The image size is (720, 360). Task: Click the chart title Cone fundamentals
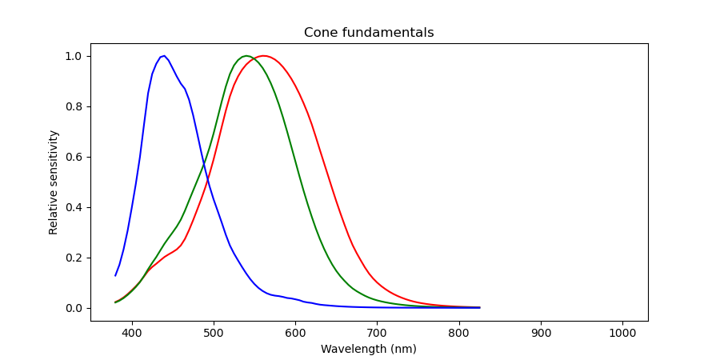pos(369,33)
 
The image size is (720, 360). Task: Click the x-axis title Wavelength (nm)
pos(369,350)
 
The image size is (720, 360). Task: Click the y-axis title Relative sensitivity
pos(54,182)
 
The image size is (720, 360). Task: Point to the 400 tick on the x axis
pos(132,330)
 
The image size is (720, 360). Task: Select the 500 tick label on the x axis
pos(214,330)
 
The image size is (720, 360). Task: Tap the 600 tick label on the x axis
pos(295,330)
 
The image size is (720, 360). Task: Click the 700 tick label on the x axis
pos(378,330)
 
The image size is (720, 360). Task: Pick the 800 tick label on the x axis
pos(459,330)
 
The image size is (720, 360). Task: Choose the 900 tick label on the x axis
pos(541,330)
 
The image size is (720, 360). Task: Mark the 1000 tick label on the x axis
pos(622,330)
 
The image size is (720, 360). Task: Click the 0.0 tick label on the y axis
pos(74,308)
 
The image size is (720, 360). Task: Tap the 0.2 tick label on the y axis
pos(74,258)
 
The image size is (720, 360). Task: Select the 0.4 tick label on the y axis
pos(74,207)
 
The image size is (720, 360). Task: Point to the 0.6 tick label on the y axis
pos(74,157)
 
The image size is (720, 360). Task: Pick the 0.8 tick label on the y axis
pos(74,106)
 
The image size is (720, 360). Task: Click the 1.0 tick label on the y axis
pos(74,56)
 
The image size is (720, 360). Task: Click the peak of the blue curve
pos(163,56)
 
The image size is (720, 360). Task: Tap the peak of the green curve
pos(246,56)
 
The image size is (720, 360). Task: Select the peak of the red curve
pos(263,56)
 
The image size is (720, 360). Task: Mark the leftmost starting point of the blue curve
pos(115,276)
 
